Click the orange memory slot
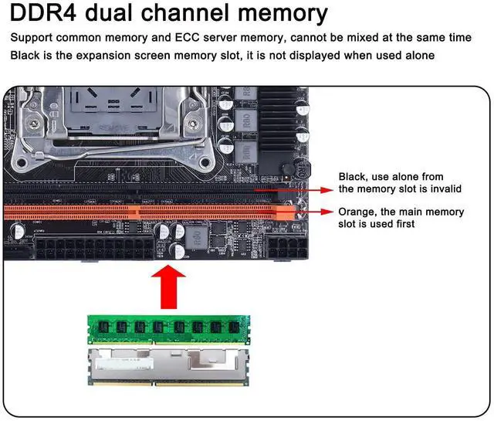tap(139, 209)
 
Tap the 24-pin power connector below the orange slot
tap(93, 249)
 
